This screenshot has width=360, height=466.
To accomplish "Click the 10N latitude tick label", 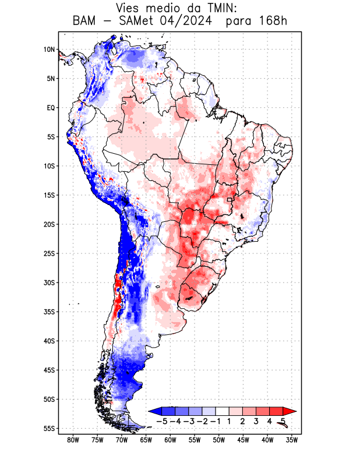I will (49, 50).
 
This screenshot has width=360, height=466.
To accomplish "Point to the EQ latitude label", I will (51, 108).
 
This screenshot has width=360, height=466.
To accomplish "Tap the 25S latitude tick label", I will (49, 253).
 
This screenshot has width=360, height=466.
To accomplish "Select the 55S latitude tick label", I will (49, 429).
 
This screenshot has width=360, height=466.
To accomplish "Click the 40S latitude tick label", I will (49, 341).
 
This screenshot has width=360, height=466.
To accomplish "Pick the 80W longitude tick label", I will (73, 440).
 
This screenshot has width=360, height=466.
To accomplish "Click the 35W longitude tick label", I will (292, 440).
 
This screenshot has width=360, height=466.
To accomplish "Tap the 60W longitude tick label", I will (171, 440).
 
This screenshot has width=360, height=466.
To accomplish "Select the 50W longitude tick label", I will (219, 440).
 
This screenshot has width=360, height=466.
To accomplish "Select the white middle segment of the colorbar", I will (222, 411).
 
